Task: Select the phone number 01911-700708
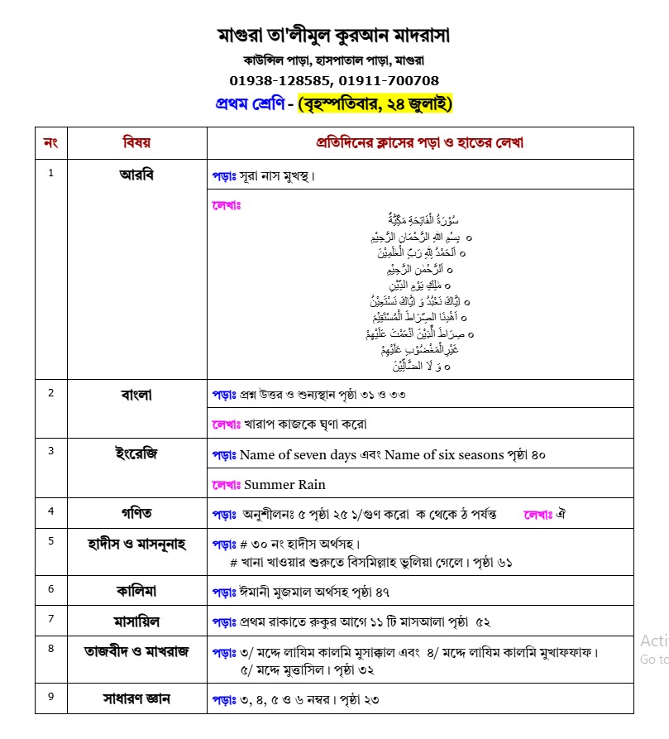tap(389, 80)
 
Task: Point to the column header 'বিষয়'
tap(136, 142)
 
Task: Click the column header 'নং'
tap(50, 142)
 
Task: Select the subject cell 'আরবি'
tap(136, 175)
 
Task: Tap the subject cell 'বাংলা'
tap(136, 395)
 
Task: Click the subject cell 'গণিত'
tap(136, 513)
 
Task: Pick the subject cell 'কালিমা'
tap(136, 591)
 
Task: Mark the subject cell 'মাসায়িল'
tap(136, 620)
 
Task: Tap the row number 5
tap(50, 541)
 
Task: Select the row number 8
tap(50, 649)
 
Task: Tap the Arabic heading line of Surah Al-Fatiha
tap(423, 219)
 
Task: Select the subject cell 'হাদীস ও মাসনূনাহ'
tap(136, 543)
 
